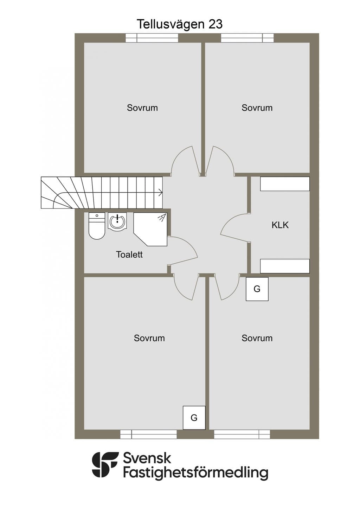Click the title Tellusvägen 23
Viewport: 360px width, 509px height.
pyautogui.click(x=180, y=25)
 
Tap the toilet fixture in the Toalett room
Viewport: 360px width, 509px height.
pyautogui.click(x=97, y=226)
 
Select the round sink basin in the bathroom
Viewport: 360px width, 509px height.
pyautogui.click(x=117, y=221)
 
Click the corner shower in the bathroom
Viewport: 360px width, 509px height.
pyautogui.click(x=150, y=229)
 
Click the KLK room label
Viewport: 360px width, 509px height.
pyautogui.click(x=280, y=225)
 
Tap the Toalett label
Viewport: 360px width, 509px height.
pyautogui.click(x=129, y=254)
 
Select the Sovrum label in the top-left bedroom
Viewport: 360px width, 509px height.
pyautogui.click(x=142, y=108)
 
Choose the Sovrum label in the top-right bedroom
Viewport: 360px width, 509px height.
pyautogui.click(x=257, y=108)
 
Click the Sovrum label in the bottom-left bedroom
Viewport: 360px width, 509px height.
pyautogui.click(x=149, y=338)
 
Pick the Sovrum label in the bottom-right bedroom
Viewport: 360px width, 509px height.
pyautogui.click(x=257, y=338)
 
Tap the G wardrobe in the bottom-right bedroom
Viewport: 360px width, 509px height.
pyautogui.click(x=257, y=289)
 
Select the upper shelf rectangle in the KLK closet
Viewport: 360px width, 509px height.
pyautogui.click(x=285, y=184)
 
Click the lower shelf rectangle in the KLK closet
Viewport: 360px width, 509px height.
pyautogui.click(x=285, y=266)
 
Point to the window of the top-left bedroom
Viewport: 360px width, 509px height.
pyautogui.click(x=152, y=38)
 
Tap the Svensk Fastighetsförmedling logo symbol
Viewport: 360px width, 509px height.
pyautogui.click(x=105, y=464)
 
